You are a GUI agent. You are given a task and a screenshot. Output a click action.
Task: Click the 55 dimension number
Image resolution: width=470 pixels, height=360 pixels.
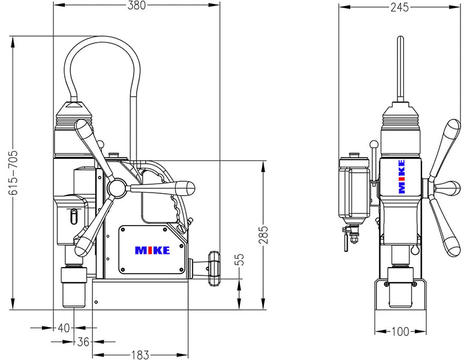[240, 260]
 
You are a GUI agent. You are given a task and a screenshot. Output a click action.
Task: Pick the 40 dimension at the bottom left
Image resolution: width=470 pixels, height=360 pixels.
[64, 328]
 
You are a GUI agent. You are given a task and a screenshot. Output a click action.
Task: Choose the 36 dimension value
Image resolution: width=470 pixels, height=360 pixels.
[83, 341]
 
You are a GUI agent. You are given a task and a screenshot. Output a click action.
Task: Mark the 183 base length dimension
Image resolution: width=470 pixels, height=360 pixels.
[138, 355]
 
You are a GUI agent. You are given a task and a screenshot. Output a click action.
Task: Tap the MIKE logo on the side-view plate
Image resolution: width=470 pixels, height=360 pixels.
[152, 250]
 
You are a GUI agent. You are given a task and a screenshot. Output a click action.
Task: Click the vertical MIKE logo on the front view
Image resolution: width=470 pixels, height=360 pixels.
[402, 176]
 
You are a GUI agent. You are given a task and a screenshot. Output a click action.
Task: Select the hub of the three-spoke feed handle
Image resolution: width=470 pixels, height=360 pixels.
[117, 188]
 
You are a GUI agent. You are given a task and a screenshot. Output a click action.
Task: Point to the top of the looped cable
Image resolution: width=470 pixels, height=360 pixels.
[103, 40]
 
